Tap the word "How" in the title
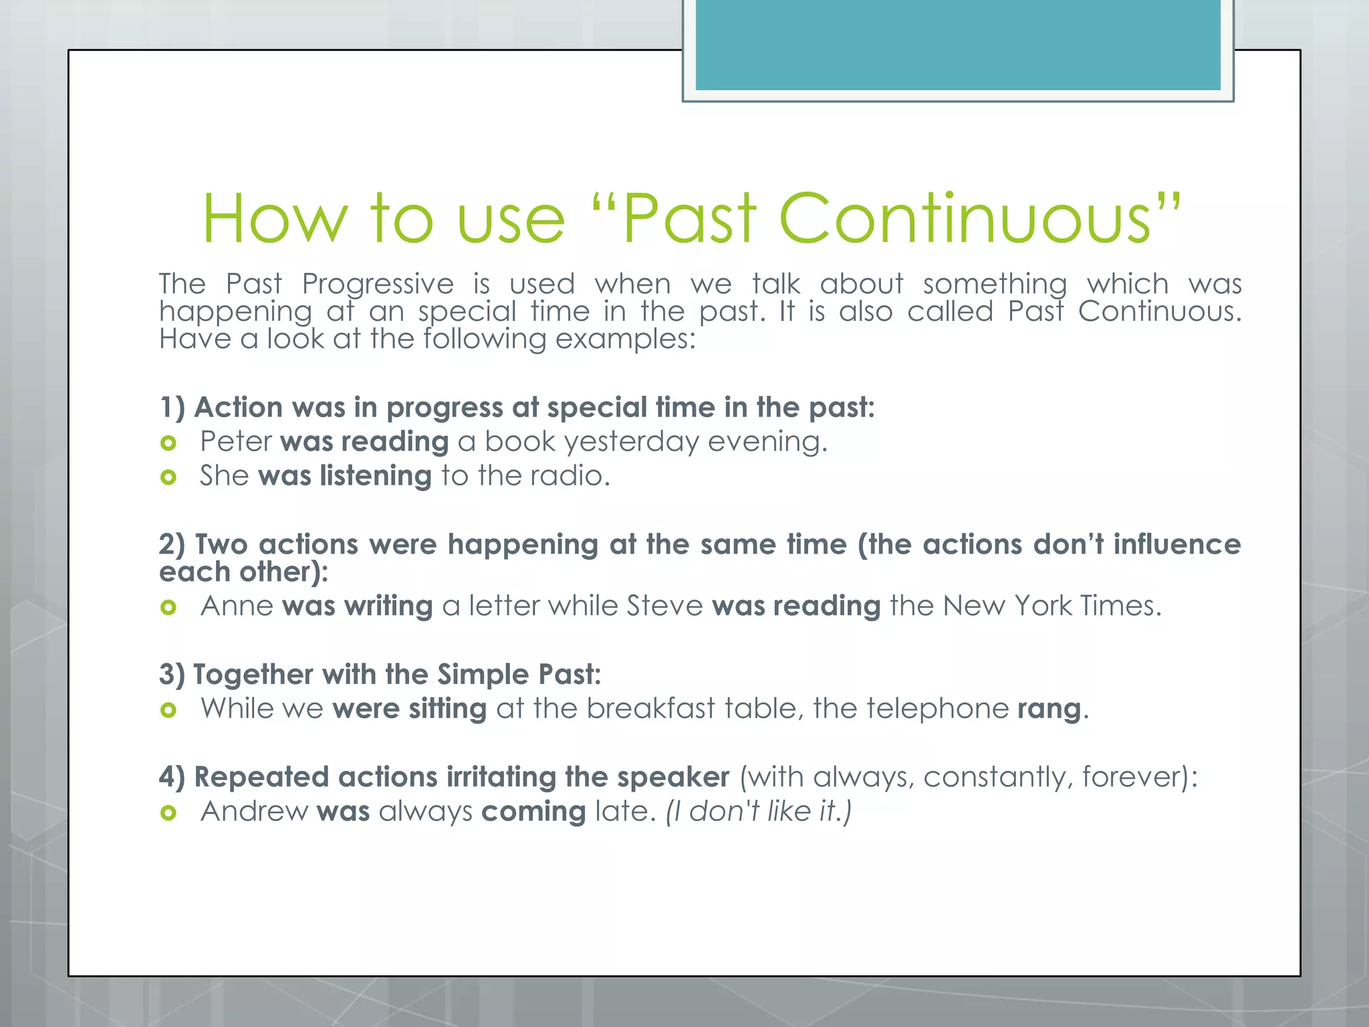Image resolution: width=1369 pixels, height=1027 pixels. point(275,219)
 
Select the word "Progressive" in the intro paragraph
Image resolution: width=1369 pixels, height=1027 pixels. point(378,283)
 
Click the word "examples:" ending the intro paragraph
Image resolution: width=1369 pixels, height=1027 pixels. point(625,339)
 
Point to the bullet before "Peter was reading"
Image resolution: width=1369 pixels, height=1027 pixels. point(168,443)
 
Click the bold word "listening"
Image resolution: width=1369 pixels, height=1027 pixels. point(376,476)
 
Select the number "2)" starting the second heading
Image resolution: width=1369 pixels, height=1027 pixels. point(172,544)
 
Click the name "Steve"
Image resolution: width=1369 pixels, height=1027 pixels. point(664,606)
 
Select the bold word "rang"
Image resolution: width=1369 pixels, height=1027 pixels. point(1049,709)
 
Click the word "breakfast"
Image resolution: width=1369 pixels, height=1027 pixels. point(650,709)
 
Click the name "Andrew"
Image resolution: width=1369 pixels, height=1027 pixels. point(254,811)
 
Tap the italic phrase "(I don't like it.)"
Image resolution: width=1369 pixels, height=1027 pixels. point(758,811)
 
